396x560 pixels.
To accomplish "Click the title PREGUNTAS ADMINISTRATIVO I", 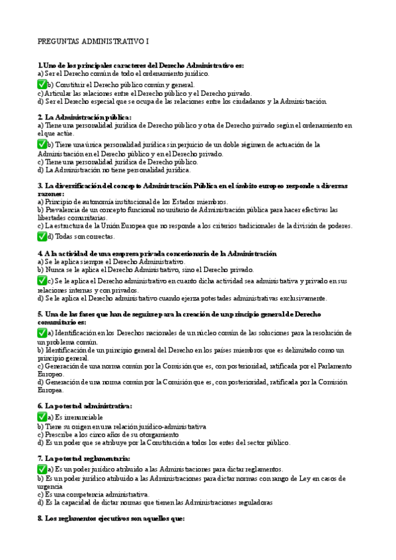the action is [x=93, y=41].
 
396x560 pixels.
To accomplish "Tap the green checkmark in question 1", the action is [x=42, y=85].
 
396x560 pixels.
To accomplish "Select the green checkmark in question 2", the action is [x=42, y=144].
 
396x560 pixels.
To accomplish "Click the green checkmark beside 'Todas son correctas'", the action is [x=42, y=236].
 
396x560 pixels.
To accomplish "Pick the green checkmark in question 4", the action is [x=42, y=281].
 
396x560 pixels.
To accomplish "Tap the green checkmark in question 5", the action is [x=42, y=333].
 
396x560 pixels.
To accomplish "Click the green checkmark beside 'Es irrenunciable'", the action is [x=42, y=417].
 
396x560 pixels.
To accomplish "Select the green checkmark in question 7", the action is [x=42, y=468].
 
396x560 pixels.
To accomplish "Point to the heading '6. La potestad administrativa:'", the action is [x=85, y=405].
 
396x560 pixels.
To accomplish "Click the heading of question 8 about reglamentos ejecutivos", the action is [x=112, y=519].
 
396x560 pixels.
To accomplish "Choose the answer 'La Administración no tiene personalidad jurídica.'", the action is [x=109, y=170].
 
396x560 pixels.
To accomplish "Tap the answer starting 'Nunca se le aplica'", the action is [x=145, y=270].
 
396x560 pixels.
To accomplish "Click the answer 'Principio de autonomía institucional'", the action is [x=132, y=201].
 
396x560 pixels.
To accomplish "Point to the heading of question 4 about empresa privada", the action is [x=157, y=254].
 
